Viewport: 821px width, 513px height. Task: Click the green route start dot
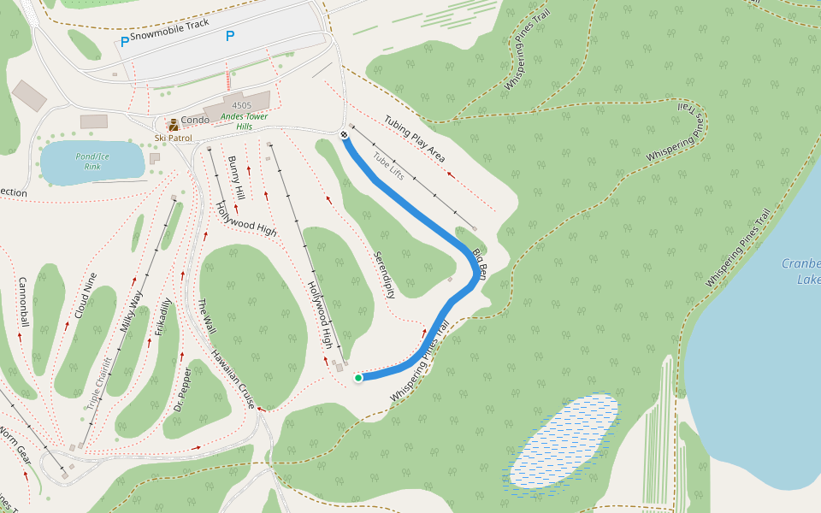point(358,377)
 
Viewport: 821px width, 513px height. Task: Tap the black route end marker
point(344,134)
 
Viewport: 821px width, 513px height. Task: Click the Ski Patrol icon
point(173,125)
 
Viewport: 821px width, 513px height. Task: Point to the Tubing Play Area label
point(414,139)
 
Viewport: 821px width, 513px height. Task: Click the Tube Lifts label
point(387,166)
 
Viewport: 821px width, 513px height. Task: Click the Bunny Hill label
point(236,178)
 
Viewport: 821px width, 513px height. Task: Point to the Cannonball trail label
point(23,303)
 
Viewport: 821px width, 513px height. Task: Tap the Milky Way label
point(132,312)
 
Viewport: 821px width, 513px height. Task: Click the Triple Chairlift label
point(101,382)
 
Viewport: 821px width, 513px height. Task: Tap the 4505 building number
point(242,105)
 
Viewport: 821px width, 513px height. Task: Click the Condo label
point(195,121)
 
